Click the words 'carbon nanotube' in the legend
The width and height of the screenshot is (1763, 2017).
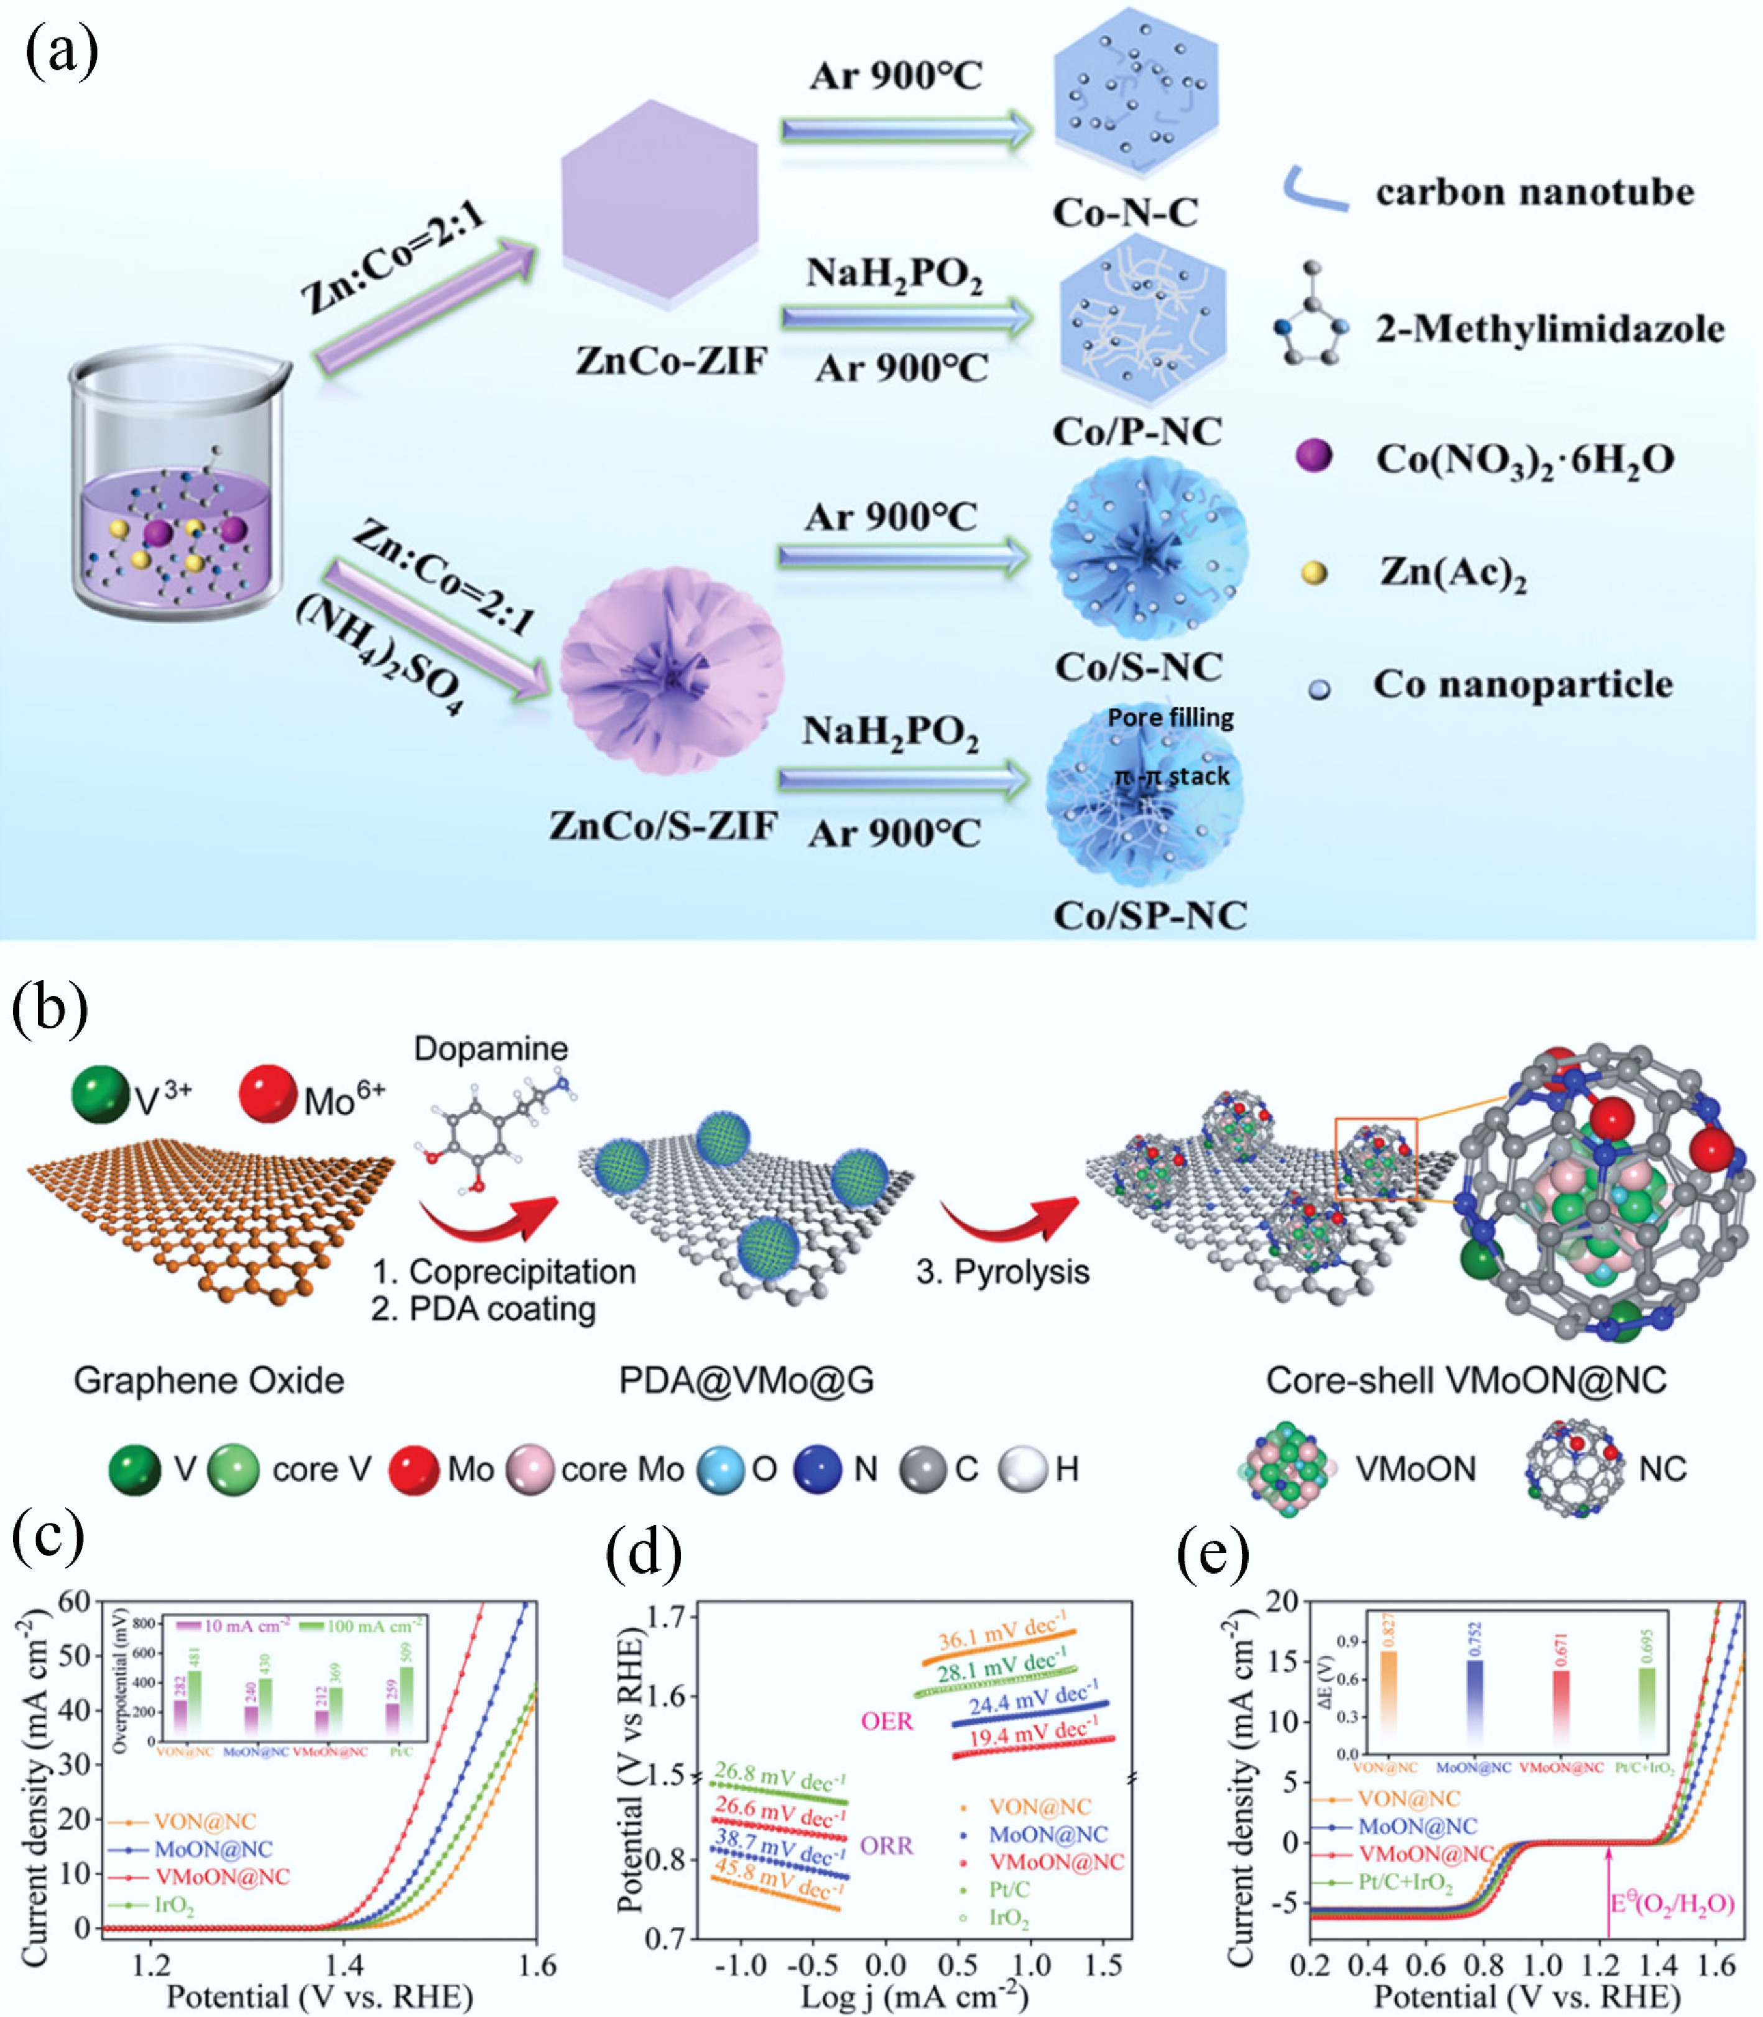[x=1535, y=192]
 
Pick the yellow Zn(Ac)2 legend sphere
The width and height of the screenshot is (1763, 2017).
[x=1313, y=573]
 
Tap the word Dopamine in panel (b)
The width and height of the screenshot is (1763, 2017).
[x=491, y=1048]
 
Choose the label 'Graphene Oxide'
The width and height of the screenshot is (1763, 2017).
[x=208, y=1381]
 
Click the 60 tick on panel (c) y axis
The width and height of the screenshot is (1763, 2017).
[x=75, y=1601]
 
